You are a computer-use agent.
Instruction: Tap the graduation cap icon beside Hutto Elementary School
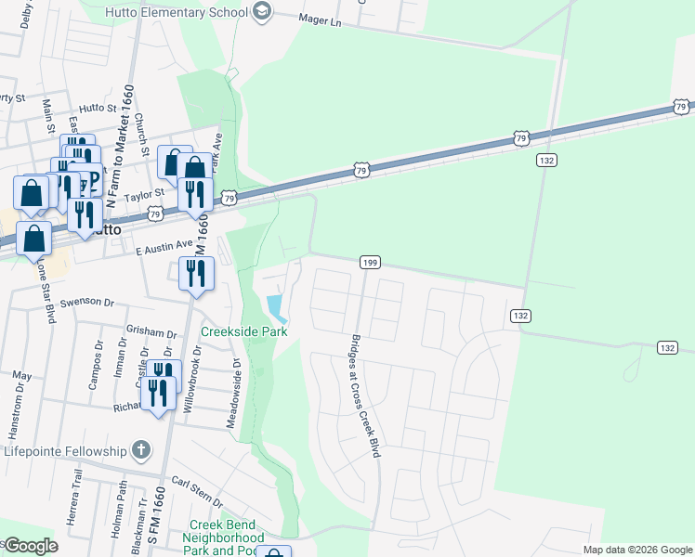[262, 11]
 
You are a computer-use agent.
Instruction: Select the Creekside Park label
[244, 331]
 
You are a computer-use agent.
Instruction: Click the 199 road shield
[369, 264]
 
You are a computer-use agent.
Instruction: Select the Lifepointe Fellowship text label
[65, 451]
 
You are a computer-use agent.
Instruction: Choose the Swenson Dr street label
[85, 303]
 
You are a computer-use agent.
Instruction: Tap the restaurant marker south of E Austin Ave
[196, 273]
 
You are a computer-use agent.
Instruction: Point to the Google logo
[31, 546]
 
